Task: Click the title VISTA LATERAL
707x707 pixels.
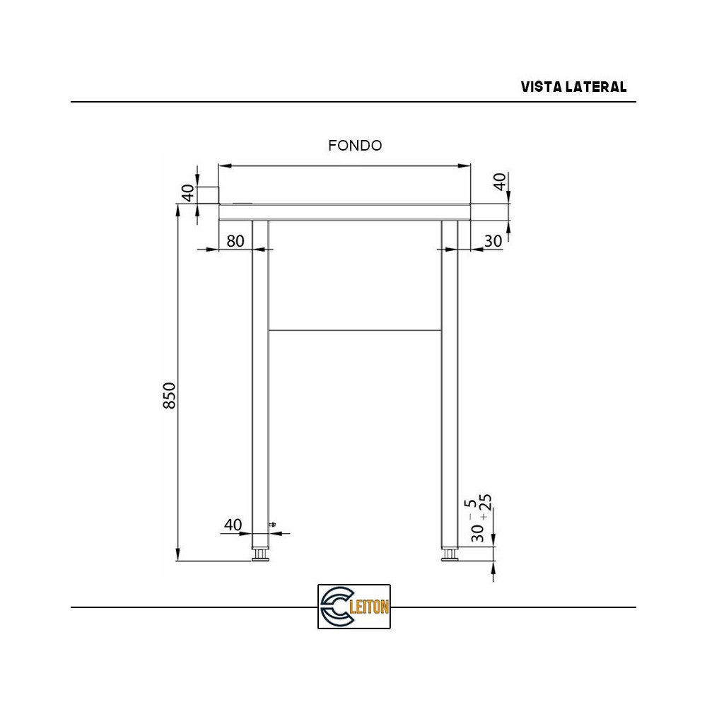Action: click(573, 87)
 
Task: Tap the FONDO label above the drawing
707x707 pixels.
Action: click(355, 146)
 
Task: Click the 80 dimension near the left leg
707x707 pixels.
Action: click(235, 241)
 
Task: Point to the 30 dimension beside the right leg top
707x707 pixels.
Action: click(493, 241)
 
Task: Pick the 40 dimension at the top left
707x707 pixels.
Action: click(188, 193)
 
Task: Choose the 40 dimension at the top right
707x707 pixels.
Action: click(500, 181)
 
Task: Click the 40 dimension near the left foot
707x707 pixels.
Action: click(233, 525)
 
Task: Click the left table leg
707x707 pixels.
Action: click(260, 382)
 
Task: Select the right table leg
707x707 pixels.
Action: click(450, 382)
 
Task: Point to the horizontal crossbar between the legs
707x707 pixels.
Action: click(355, 330)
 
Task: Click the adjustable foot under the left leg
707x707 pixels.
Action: click(260, 555)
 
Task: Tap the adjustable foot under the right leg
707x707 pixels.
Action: click(450, 555)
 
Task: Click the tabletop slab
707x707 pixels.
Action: click(344, 211)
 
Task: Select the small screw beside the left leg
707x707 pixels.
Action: click(274, 525)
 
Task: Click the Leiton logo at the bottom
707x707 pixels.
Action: click(354, 607)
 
